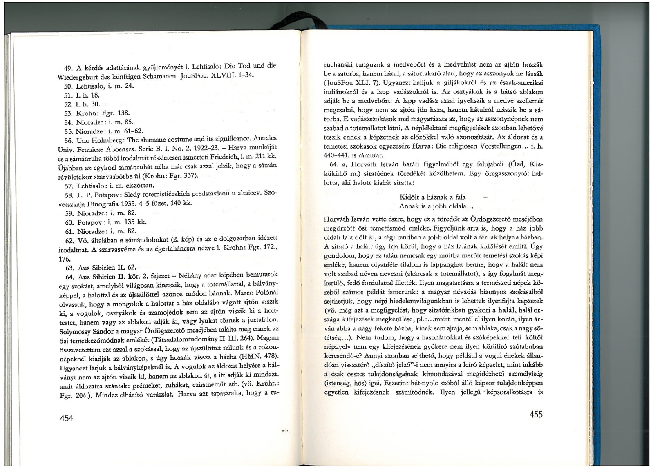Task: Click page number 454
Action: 67,417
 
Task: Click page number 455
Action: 536,415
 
